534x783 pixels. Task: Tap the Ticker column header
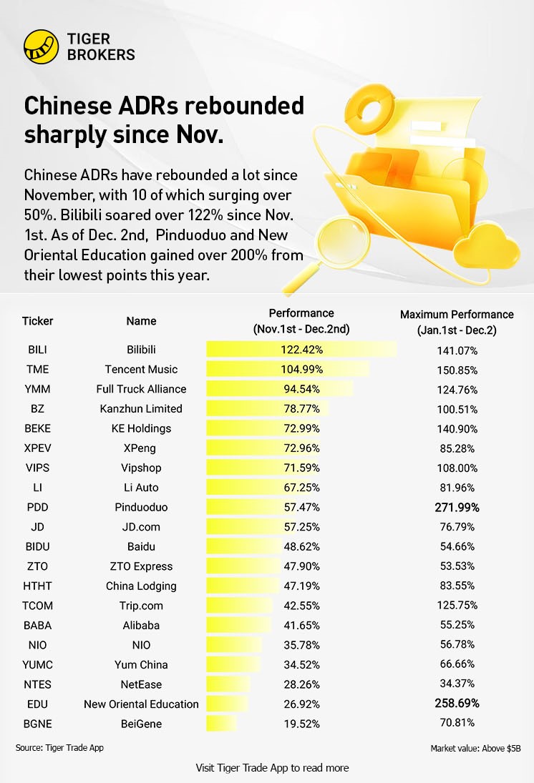click(38, 321)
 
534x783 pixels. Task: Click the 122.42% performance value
click(301, 350)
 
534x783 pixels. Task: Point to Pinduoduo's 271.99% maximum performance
click(457, 507)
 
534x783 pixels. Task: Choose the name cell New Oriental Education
click(141, 704)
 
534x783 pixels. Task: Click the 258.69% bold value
click(457, 704)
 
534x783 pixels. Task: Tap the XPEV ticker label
click(37, 448)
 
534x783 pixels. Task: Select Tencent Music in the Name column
click(141, 370)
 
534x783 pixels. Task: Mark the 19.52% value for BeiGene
click(301, 724)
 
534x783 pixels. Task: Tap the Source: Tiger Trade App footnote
click(55, 748)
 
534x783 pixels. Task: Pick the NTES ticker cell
click(37, 684)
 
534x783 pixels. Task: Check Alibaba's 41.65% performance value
click(301, 625)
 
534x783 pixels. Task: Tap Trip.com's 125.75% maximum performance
click(457, 606)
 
